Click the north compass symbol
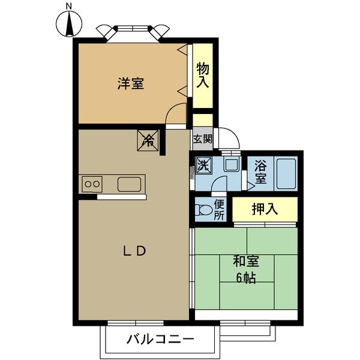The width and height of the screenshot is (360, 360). (69, 25)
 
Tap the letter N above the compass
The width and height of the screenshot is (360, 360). (69, 7)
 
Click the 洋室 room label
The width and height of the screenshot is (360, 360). (130, 83)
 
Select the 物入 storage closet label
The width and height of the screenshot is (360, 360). (203, 76)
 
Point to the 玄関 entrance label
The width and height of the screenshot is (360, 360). (202, 139)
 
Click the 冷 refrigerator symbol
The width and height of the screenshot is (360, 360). (148, 141)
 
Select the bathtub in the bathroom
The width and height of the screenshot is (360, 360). (286, 172)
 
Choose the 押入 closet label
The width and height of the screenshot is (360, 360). (265, 209)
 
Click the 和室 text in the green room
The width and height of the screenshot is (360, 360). (246, 262)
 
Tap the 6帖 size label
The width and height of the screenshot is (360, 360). (246, 278)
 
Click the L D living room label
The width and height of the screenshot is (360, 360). (134, 251)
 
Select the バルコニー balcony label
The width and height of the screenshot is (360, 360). (160, 340)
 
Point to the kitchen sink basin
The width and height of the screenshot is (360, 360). (130, 184)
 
